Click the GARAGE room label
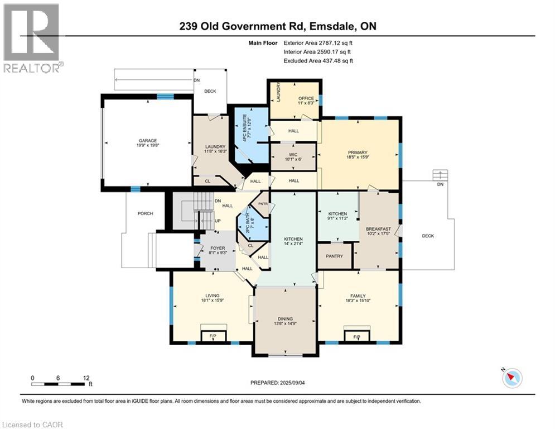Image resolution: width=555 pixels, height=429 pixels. pyautogui.click(x=148, y=141)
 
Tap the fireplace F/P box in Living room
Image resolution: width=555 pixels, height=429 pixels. pyautogui.click(x=213, y=335)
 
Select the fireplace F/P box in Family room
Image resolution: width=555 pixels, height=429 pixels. pyautogui.click(x=357, y=335)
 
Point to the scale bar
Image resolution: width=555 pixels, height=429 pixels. pyautogui.click(x=59, y=383)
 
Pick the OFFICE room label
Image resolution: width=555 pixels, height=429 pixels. pyautogui.click(x=306, y=99)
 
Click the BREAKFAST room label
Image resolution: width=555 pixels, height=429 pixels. pyautogui.click(x=377, y=229)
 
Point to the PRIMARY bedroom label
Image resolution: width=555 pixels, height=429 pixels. pyautogui.click(x=358, y=152)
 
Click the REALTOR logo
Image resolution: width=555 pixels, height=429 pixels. pyautogui.click(x=32, y=38)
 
